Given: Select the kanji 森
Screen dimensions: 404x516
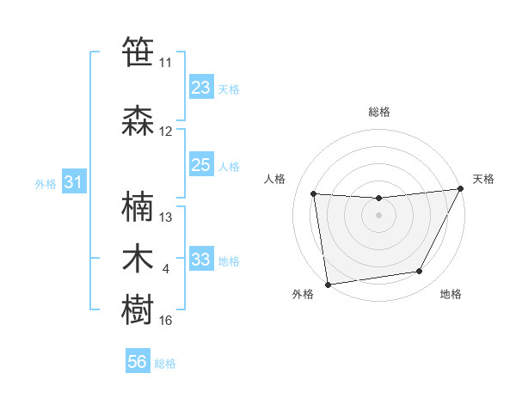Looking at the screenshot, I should tap(138, 121).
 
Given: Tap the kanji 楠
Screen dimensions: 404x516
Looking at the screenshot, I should tap(138, 207).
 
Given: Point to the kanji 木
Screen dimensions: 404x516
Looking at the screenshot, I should tap(138, 259).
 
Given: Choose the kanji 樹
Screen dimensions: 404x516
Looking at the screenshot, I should tap(138, 310).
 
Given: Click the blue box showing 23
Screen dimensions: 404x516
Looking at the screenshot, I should tap(200, 88).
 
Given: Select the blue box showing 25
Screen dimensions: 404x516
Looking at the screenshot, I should tap(200, 165).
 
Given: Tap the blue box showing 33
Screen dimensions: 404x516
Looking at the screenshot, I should tap(200, 259).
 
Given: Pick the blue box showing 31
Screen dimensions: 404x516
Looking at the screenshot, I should tap(73, 182).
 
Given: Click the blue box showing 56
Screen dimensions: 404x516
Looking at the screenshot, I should tap(138, 362).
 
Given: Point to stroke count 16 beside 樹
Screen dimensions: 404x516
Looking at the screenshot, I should tap(166, 321).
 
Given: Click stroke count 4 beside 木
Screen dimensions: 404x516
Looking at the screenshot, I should tap(166, 269).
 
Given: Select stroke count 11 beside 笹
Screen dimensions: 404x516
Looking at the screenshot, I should tap(166, 63).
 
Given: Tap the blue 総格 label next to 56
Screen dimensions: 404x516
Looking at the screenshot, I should tap(165, 364).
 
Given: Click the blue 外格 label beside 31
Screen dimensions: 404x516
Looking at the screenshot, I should tap(46, 183).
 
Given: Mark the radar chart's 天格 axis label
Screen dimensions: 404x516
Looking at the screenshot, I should tap(484, 179).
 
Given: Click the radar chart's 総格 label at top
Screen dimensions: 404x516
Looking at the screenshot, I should tap(378, 112).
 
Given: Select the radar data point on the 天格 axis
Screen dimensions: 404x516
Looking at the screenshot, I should tap(461, 189).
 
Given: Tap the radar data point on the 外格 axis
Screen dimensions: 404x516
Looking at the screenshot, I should tap(328, 284).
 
